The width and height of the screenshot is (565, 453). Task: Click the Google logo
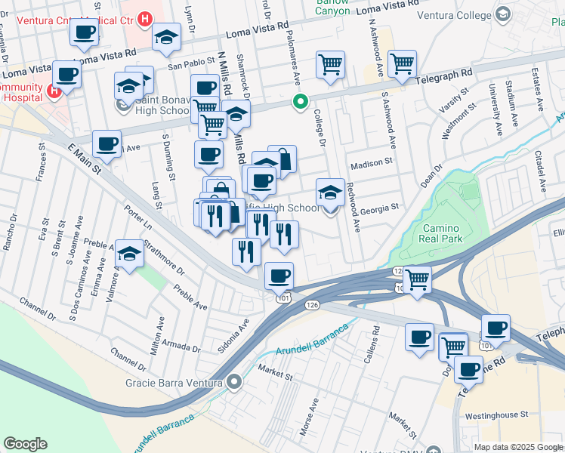point(25,443)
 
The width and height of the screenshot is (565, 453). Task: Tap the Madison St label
point(372,162)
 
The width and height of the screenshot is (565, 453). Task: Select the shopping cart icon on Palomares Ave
point(331,65)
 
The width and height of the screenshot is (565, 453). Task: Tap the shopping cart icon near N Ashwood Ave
point(402,63)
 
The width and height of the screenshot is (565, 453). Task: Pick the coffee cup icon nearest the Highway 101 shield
point(279,276)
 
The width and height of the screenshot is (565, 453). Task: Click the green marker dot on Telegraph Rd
point(300,101)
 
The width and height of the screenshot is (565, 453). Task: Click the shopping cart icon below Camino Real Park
point(417,279)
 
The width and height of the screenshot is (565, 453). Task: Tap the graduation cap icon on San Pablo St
point(166,37)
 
